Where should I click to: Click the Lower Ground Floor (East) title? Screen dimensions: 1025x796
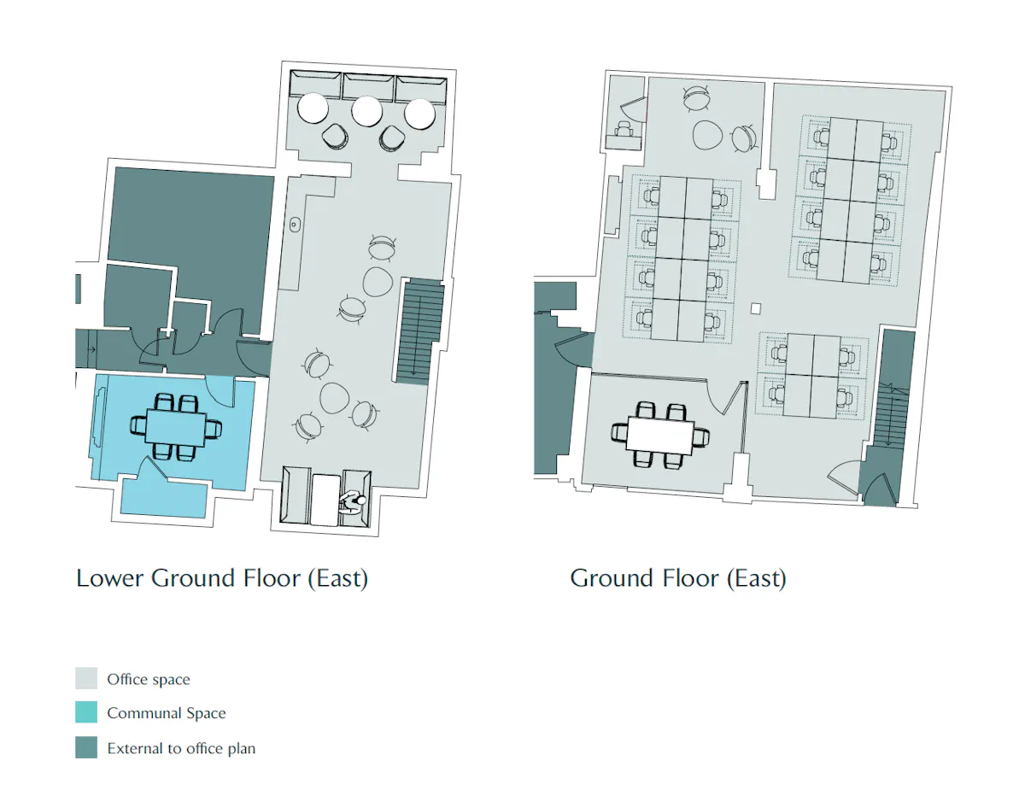pyautogui.click(x=222, y=578)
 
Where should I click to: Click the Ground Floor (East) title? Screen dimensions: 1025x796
pyautogui.click(x=678, y=578)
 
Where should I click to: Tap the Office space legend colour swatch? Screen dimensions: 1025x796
pyautogui.click(x=86, y=678)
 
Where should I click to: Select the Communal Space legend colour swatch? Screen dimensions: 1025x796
pyautogui.click(x=86, y=712)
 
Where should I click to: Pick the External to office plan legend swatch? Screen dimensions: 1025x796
pyautogui.click(x=86, y=747)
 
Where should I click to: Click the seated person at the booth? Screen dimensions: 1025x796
pyautogui.click(x=353, y=502)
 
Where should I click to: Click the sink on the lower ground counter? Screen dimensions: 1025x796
pyautogui.click(x=295, y=225)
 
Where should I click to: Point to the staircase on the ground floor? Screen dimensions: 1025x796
pyautogui.click(x=892, y=415)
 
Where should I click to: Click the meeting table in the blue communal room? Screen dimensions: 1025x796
pyautogui.click(x=176, y=427)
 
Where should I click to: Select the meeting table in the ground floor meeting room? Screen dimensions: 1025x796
pyautogui.click(x=660, y=436)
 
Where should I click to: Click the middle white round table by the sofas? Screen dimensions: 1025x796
pyautogui.click(x=366, y=111)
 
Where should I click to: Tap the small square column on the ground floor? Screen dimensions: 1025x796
pyautogui.click(x=756, y=308)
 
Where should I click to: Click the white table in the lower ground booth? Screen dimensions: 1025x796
pyautogui.click(x=325, y=500)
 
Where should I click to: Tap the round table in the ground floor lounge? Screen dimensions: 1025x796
pyautogui.click(x=707, y=135)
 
